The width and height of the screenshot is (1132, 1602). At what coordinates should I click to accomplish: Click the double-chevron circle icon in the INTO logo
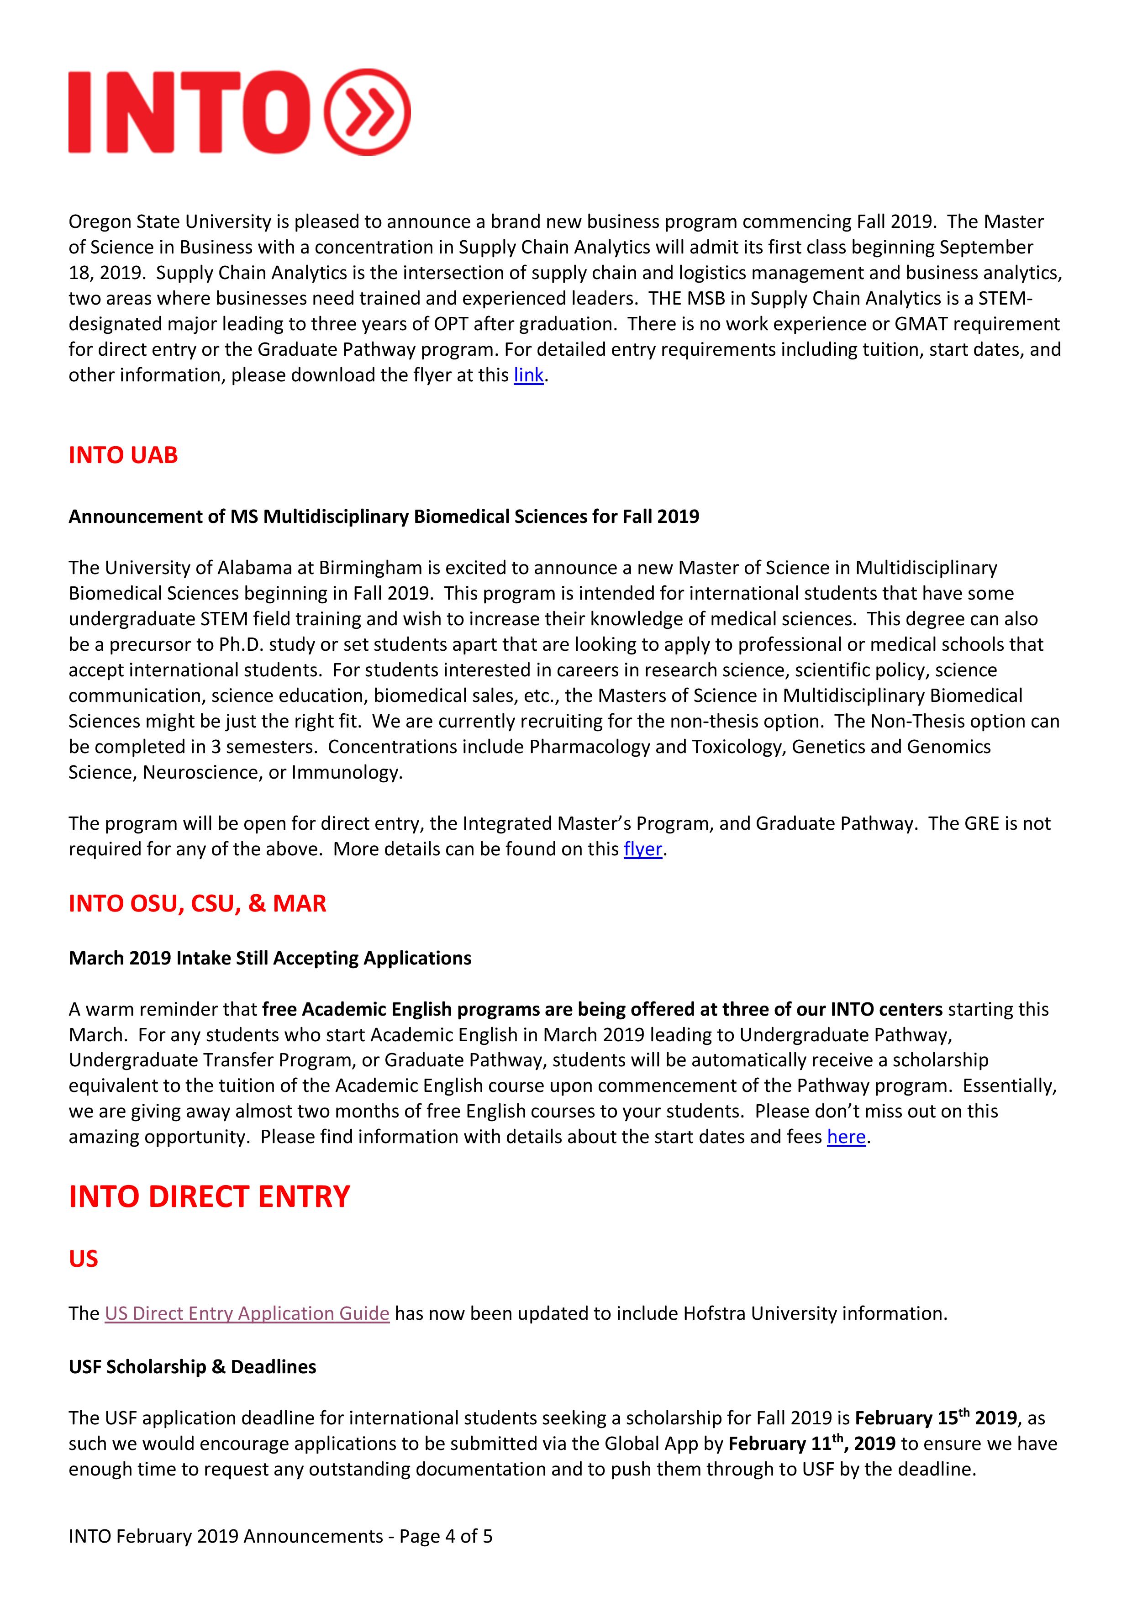(x=368, y=111)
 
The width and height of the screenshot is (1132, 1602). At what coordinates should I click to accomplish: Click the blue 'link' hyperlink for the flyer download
(x=528, y=375)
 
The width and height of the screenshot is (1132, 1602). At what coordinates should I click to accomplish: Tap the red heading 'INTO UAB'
(x=123, y=455)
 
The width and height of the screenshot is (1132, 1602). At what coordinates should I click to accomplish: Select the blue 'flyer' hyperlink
(x=642, y=849)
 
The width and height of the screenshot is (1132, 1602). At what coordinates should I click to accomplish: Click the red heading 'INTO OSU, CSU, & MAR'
(x=197, y=904)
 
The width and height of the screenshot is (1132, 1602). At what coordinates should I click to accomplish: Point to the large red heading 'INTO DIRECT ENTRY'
(x=209, y=1196)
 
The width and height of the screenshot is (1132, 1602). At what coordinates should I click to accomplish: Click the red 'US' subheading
(x=83, y=1258)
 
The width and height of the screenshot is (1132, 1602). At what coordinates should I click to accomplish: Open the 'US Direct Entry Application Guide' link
(x=247, y=1313)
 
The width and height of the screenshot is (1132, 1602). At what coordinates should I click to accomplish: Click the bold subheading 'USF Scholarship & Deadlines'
(x=192, y=1367)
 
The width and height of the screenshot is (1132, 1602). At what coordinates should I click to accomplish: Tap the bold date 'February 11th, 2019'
(x=811, y=1444)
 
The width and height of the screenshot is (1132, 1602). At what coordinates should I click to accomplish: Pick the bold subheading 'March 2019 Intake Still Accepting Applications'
(x=270, y=958)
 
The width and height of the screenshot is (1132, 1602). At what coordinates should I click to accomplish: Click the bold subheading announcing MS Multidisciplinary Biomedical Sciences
(x=384, y=516)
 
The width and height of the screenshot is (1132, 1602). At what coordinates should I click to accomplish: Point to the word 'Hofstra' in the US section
(x=714, y=1313)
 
